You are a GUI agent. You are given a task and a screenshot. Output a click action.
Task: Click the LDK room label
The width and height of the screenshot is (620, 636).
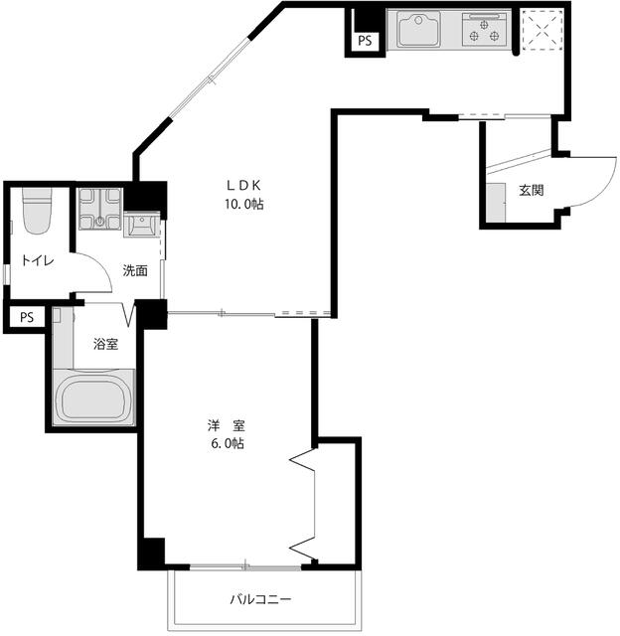pos(243,186)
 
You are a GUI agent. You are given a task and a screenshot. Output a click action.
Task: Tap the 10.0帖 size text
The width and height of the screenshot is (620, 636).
pos(244,204)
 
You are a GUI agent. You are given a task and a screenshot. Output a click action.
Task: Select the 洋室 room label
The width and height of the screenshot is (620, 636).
pos(227,426)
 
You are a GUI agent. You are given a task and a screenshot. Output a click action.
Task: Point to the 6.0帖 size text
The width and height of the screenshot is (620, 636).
pos(228,443)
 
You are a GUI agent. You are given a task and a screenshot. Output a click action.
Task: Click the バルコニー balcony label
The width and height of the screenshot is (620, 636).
pos(260,599)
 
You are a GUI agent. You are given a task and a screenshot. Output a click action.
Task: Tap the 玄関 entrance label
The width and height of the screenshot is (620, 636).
pos(532,190)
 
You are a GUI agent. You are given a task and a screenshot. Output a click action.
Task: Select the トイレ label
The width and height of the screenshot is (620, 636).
pos(38,260)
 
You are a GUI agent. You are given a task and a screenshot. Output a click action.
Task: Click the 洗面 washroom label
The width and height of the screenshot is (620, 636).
pos(135,270)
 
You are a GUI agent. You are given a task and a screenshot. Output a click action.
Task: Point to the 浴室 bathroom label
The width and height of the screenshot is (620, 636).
pos(105,344)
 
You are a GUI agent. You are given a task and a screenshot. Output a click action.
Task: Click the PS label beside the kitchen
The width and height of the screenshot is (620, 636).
pos(365,41)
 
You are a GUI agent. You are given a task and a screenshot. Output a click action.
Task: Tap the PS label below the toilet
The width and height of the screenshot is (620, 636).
pos(27,317)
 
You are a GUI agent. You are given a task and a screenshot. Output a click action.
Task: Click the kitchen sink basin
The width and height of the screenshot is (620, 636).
pos(419,29)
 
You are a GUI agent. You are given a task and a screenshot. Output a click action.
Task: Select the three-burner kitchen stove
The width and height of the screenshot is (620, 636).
pos(484,30)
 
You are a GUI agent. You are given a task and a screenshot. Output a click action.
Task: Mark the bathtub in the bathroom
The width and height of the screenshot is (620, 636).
pos(93,397)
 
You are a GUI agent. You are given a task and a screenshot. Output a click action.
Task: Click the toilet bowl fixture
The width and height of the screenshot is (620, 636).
pos(37,211)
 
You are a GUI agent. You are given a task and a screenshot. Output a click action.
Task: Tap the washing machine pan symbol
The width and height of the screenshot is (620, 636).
pos(99,209)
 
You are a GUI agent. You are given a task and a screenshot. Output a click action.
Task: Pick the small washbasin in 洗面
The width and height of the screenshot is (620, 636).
pos(141,225)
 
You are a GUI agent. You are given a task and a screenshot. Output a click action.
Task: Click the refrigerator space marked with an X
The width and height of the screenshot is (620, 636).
pos(542,30)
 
